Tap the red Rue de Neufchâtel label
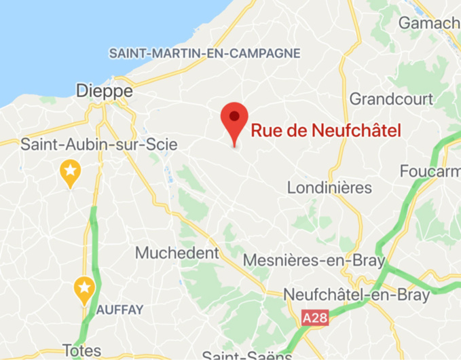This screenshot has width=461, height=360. (x=326, y=131)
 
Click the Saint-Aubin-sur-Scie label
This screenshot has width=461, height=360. (x=99, y=145)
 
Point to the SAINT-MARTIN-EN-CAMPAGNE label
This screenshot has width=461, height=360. (x=204, y=53)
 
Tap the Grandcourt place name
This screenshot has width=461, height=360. (x=390, y=99)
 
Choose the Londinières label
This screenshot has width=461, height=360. (x=330, y=187)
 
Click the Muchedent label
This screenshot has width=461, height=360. (x=177, y=253)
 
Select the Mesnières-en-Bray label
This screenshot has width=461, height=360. (x=314, y=260)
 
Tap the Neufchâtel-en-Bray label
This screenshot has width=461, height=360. (x=356, y=295)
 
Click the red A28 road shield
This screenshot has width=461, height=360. (x=313, y=318)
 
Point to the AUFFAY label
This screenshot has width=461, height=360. (x=119, y=310)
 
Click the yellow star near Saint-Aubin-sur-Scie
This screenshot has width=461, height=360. (x=69, y=171)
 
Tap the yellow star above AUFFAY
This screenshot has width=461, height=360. (x=84, y=289)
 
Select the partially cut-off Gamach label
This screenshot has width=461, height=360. (x=429, y=23)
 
